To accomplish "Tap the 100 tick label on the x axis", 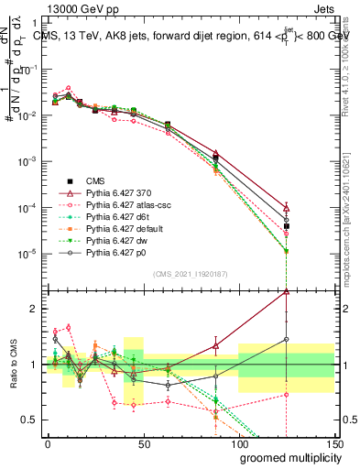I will (238, 443).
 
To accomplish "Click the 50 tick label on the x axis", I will (143, 443).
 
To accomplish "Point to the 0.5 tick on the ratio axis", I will (31, 420).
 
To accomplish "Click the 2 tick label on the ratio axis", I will (36, 309).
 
